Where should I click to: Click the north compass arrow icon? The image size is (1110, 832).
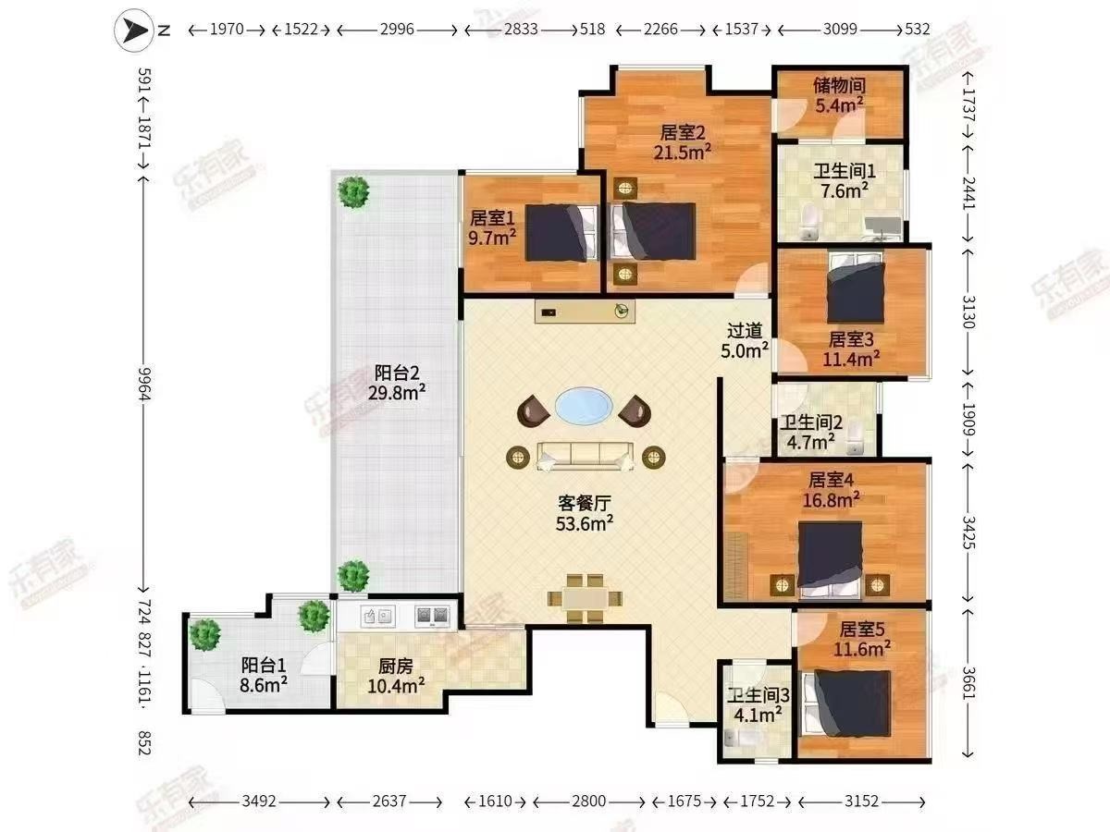pyautogui.click(x=133, y=31)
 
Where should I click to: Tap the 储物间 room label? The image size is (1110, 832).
pyautogui.click(x=839, y=85)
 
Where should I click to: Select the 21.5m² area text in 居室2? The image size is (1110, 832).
pyautogui.click(x=682, y=152)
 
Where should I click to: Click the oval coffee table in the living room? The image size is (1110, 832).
pyautogui.click(x=584, y=406)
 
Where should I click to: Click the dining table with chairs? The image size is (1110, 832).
pyautogui.click(x=586, y=599)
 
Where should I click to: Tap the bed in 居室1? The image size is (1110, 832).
pyautogui.click(x=561, y=232)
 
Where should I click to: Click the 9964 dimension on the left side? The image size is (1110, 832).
pyautogui.click(x=145, y=384)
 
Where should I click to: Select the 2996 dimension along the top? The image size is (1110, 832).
pyautogui.click(x=397, y=30)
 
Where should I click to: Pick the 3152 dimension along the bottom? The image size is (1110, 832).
pyautogui.click(x=861, y=801)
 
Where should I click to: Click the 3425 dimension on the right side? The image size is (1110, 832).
pyautogui.click(x=968, y=532)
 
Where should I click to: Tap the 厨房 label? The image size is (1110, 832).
pyautogui.click(x=396, y=667)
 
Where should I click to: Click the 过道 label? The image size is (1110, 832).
pyautogui.click(x=745, y=331)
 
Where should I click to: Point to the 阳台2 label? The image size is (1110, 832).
pyautogui.click(x=397, y=373)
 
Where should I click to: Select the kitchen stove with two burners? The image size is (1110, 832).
pyautogui.click(x=432, y=616)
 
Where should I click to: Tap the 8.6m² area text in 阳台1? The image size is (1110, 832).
pyautogui.click(x=264, y=686)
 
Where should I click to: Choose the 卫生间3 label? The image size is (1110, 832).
pyautogui.click(x=758, y=695)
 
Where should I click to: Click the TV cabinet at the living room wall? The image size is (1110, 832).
pyautogui.click(x=585, y=312)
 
